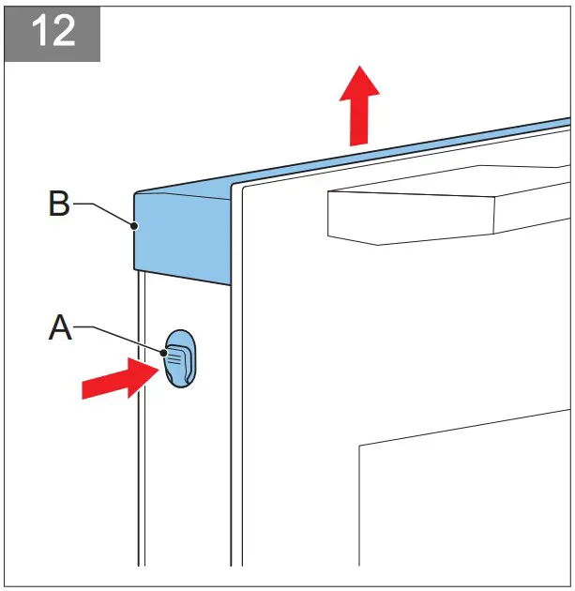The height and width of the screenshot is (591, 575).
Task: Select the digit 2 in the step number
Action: pyautogui.click(x=67, y=32)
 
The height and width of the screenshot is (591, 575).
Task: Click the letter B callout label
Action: pyautogui.click(x=59, y=205)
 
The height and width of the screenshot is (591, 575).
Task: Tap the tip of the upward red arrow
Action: pyautogui.click(x=358, y=68)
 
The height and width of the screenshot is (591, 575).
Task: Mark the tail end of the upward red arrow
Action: pyautogui.click(x=357, y=143)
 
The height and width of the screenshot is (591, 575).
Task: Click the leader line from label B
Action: pyautogui.click(x=102, y=210)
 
